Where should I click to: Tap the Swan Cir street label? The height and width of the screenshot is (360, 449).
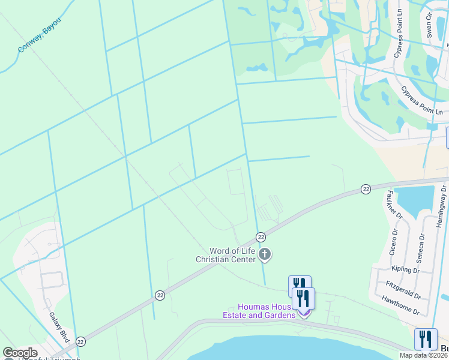pyautogui.click(x=430, y=24)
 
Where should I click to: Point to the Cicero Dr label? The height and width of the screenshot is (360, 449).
pyautogui.click(x=393, y=242)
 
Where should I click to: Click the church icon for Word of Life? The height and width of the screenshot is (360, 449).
pyautogui.click(x=264, y=255)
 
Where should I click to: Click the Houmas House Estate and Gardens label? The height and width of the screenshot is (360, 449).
pyautogui.click(x=259, y=311)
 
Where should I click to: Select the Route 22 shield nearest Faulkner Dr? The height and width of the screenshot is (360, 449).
pyautogui.click(x=365, y=189)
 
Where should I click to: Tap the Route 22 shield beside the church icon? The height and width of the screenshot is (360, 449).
pyautogui.click(x=261, y=237)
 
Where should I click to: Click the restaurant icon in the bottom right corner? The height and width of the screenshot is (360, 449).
pyautogui.click(x=426, y=339)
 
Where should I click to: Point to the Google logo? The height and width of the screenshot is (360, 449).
pyautogui.click(x=20, y=353)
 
